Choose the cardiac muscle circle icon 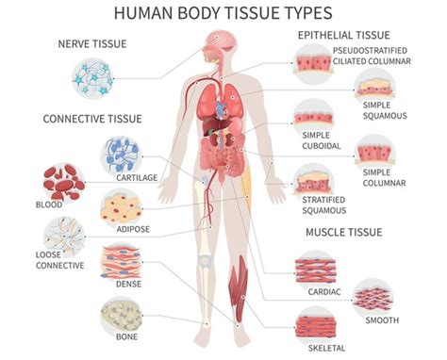pos(314,267)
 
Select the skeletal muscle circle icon pos(314,324)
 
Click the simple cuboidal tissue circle pos(311,118)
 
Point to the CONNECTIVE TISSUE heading pos(91,119)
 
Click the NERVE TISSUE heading pos(92,44)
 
